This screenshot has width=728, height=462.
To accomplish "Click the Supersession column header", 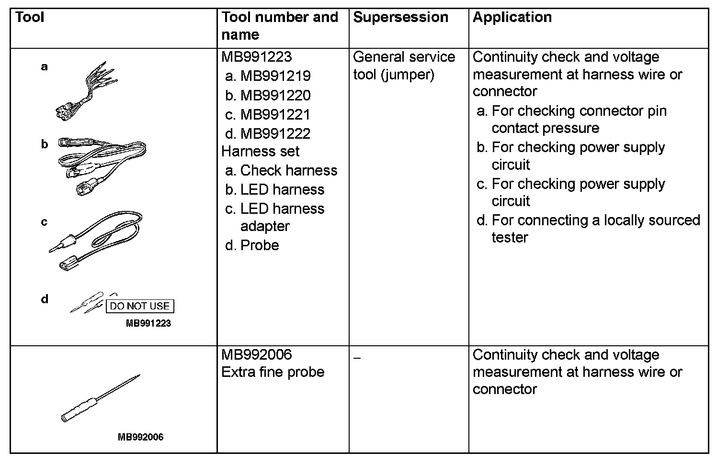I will [x=400, y=17].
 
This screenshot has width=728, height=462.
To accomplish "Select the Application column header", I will [x=512, y=17].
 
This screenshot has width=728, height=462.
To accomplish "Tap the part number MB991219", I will [x=275, y=76].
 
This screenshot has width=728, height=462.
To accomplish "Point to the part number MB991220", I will [x=275, y=95].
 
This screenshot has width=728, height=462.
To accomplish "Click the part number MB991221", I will [x=275, y=114].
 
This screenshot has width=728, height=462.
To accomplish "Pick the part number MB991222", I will [x=275, y=133].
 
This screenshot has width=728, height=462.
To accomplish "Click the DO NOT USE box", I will [x=140, y=306].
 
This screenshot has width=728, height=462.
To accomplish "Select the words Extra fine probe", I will [x=273, y=372].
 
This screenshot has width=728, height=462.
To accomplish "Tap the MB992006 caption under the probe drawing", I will [x=140, y=437].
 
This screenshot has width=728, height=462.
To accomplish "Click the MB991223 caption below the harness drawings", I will [x=148, y=323].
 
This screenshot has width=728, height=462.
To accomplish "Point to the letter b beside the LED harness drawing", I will [x=45, y=144].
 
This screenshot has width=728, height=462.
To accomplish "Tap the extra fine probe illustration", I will [x=101, y=398].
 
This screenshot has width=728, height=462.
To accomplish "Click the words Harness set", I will [x=260, y=152].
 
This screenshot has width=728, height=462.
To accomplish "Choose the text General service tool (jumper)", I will [x=404, y=66].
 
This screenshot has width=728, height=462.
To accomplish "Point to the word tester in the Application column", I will [x=510, y=238].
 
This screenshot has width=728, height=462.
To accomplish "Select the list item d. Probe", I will [x=252, y=245].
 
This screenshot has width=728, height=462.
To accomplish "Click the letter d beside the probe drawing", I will [x=45, y=299].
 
